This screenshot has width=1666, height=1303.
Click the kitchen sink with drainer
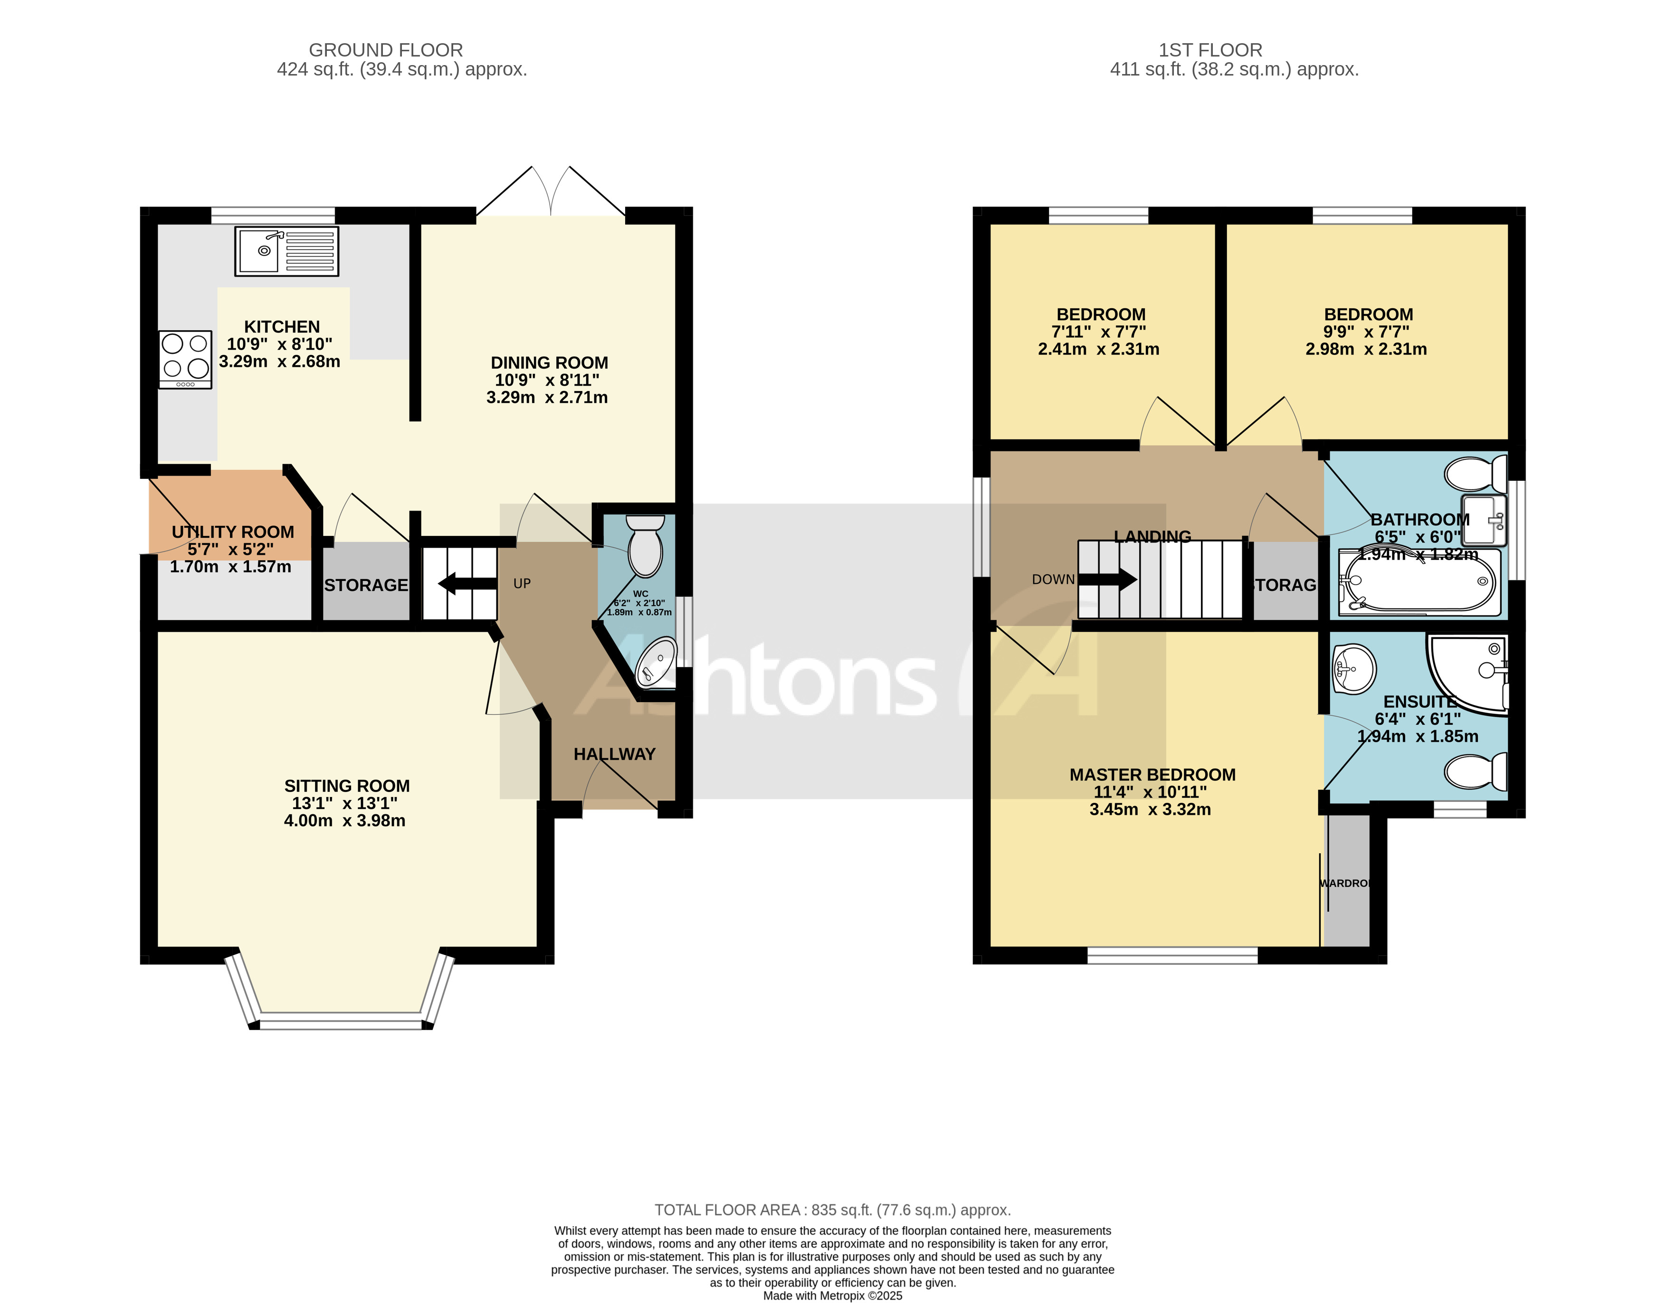pos(287,251)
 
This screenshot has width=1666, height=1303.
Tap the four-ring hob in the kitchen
pos(185,359)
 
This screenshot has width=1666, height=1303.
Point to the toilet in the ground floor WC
pos(645,545)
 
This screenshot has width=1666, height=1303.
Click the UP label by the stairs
pos(522,584)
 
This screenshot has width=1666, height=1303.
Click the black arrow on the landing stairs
pos(1108,580)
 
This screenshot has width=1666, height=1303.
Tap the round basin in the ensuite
pos(1354,669)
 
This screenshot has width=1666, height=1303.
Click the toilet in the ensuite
pos(1476,771)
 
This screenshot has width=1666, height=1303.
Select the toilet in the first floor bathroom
pos(1476,474)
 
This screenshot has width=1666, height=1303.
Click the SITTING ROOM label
pos(347,786)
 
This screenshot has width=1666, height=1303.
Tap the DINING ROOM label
pos(549,363)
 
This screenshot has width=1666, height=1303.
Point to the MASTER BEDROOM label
pos(1152,775)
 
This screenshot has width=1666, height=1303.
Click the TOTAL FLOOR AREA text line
pos(832,1210)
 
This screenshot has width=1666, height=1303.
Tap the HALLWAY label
pos(614,754)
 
